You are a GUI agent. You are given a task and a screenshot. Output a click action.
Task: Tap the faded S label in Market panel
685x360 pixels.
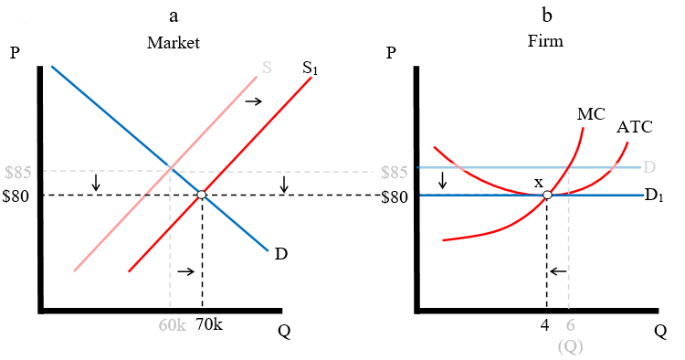point(267,67)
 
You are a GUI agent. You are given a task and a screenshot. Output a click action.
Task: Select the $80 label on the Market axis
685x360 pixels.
point(19,196)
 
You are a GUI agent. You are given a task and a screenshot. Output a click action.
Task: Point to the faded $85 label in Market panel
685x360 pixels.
point(19,172)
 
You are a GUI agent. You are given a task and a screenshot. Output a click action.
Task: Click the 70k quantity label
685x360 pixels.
point(208,325)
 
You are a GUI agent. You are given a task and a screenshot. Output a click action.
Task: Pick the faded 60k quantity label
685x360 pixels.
point(171,325)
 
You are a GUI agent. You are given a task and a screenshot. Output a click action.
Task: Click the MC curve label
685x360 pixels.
point(591,114)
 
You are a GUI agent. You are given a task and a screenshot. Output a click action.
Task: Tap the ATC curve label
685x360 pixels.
point(634,127)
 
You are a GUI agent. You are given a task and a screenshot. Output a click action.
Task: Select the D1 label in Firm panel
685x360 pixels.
point(652,196)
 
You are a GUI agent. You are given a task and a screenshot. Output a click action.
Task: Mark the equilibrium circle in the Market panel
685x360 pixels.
point(202,195)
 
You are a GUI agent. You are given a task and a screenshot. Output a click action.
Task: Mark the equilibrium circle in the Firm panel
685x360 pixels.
point(546,195)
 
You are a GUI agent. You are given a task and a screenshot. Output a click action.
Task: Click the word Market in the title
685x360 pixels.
point(173,43)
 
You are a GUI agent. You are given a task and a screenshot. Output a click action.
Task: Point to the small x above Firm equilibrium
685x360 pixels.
point(539,182)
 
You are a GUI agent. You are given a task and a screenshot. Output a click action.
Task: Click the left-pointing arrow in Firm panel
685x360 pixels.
point(559,271)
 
